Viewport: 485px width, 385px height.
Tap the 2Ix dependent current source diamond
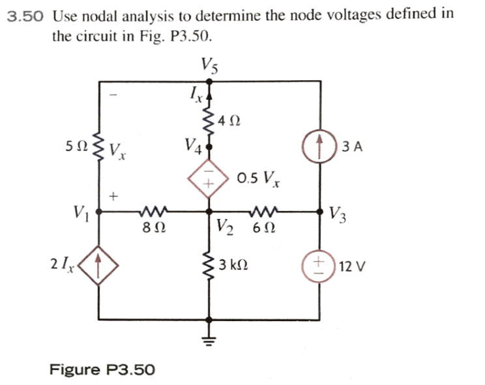(98, 264)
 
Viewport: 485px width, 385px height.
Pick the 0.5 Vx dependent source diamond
(209, 180)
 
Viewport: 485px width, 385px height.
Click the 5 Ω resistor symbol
(98, 150)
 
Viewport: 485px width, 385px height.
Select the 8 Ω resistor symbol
(153, 211)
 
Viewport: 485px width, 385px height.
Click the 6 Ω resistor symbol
(265, 211)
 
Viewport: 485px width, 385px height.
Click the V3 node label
(338, 213)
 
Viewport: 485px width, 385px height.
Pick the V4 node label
(192, 145)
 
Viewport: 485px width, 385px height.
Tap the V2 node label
(224, 229)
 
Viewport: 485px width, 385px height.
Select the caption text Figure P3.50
(102, 369)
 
